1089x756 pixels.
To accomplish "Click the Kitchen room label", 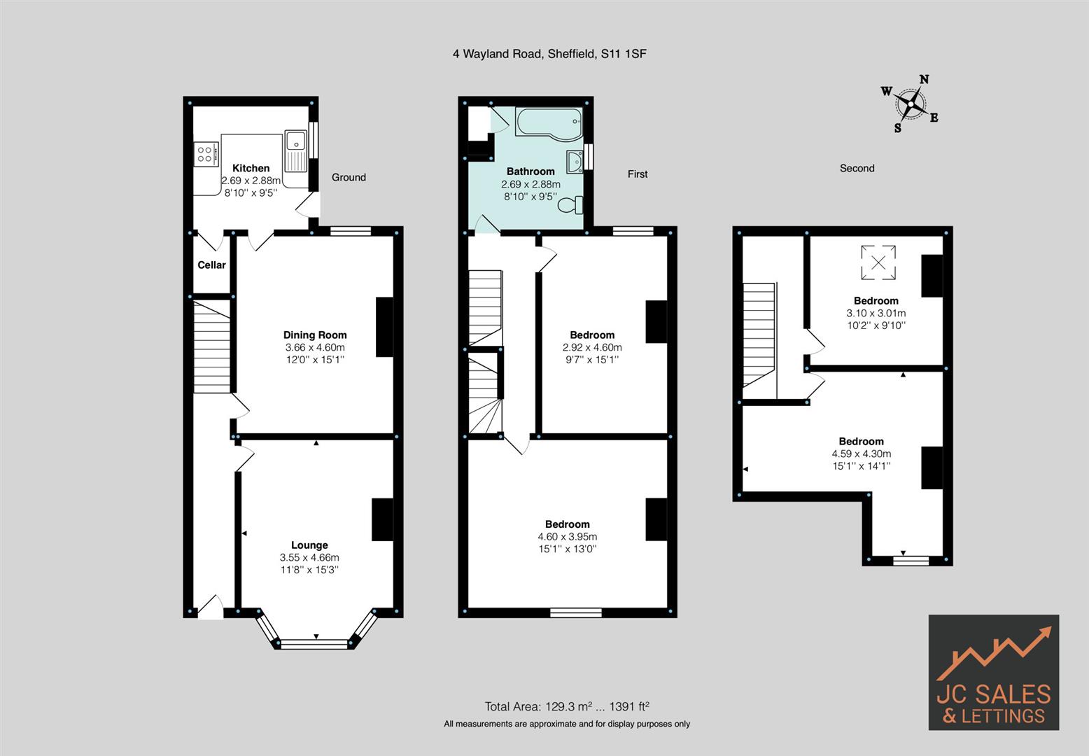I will point(251,168).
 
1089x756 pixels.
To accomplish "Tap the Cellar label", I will point(211,265).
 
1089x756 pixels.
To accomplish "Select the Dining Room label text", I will point(315,335).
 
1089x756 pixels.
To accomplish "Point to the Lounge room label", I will point(309,545).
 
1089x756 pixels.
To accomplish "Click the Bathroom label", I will point(531,171).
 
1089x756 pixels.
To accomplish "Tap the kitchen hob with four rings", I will point(206,153).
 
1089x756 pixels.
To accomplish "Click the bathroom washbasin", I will point(575,161).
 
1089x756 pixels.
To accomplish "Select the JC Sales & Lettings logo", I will point(993,672).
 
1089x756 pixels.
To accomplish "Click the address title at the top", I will point(549,53).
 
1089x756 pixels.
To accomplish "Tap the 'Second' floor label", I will point(857,168).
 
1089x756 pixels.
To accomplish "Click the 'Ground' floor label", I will point(349,177).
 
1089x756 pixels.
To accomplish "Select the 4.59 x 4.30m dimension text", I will point(861,454).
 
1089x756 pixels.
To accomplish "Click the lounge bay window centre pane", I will point(314,643).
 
